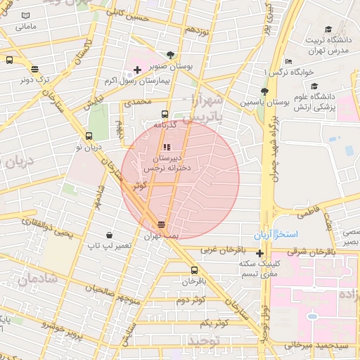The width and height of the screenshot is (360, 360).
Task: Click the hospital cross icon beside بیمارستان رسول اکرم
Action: [137, 70]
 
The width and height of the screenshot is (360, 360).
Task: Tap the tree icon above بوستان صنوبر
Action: [171, 55]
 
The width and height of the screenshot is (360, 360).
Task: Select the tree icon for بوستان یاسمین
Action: [264, 91]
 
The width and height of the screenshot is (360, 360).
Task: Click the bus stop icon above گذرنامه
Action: [165, 114]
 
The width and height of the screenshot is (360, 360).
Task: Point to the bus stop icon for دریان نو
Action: [89, 136]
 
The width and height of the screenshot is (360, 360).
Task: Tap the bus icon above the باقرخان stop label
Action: [195, 270]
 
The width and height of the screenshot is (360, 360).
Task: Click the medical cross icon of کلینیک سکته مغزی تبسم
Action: [260, 253]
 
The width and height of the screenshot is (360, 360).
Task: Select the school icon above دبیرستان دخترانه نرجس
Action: [167, 148]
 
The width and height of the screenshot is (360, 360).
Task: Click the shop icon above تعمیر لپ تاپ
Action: [109, 234]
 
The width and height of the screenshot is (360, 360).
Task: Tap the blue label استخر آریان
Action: [277, 233]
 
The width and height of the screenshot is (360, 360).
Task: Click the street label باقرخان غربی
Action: [224, 250]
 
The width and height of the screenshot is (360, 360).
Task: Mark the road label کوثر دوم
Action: [190, 300]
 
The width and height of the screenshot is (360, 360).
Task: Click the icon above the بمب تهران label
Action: [162, 224]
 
